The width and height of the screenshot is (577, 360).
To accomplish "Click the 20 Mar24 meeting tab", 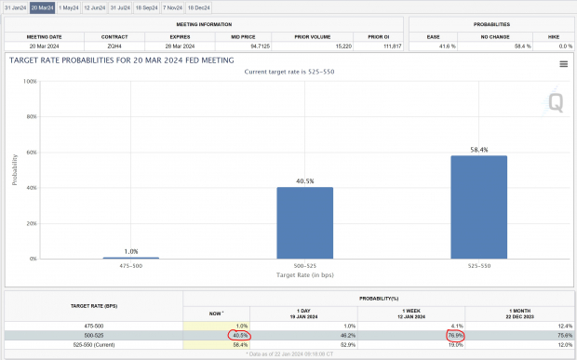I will click(42, 7).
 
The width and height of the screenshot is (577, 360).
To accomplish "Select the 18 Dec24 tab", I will click(199, 7).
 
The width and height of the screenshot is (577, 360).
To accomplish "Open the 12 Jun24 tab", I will click(94, 7).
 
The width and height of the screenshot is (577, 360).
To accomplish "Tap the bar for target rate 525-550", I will click(479, 207).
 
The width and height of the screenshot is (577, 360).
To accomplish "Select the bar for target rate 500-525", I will click(304, 223).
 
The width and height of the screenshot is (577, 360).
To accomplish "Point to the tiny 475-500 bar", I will click(130, 257).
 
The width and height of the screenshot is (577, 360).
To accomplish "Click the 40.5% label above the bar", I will click(304, 181).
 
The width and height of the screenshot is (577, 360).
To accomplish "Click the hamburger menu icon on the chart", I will click(564, 64).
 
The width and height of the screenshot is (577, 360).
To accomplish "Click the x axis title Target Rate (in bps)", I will click(304, 276).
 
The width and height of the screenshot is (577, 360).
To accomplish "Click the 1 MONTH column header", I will click(520, 311).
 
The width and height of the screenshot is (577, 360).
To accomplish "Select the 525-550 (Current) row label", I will click(93, 343).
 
